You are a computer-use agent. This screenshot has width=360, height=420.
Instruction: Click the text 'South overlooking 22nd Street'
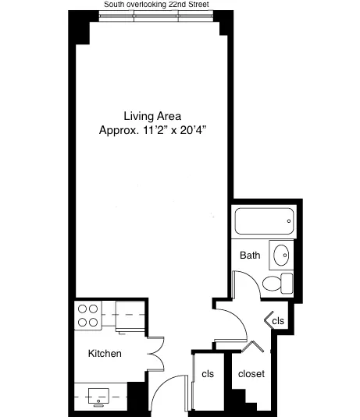[156, 5]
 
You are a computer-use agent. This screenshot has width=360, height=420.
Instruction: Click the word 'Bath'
[250, 255]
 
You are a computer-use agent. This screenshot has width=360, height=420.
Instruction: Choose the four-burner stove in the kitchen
[87, 316]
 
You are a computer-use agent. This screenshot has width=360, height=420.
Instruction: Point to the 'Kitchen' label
[104, 354]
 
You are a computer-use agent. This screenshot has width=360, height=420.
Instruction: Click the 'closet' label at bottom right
[251, 374]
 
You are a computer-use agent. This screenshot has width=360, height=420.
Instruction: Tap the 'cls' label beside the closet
[208, 374]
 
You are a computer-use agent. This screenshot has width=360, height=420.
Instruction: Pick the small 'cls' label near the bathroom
[278, 321]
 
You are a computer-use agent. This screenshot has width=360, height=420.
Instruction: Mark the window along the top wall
[156, 18]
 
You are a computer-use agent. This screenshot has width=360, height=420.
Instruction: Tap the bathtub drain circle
[289, 222]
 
